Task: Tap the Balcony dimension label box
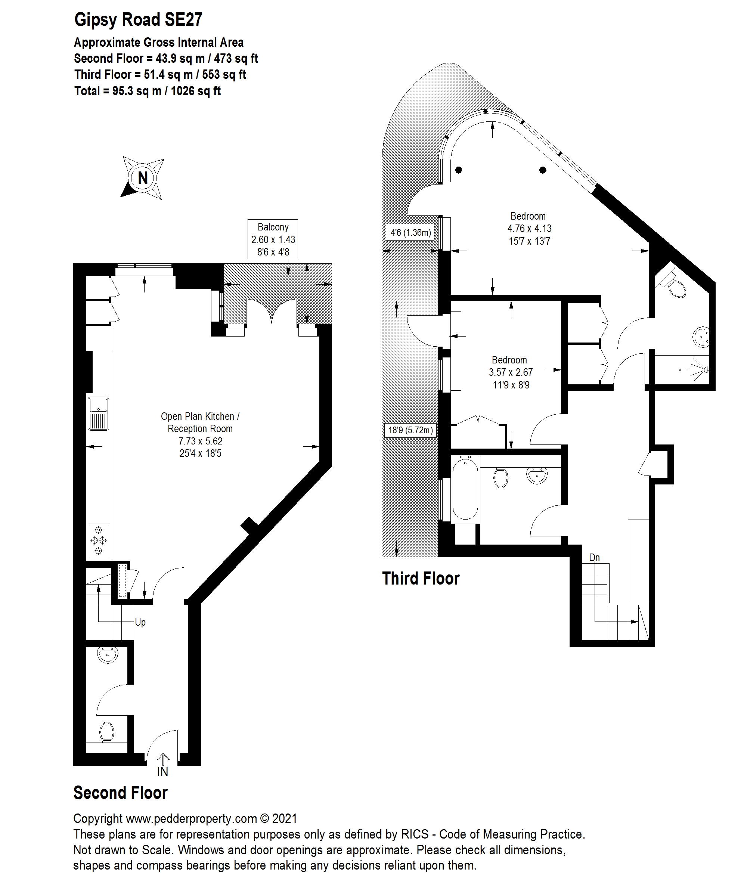(x=273, y=239)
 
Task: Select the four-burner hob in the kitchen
(x=98, y=540)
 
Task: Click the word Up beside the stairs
(x=140, y=622)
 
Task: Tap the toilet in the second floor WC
(x=107, y=732)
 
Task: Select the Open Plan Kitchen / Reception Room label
(x=200, y=422)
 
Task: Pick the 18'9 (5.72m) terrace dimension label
(x=410, y=430)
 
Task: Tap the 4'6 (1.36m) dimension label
(x=410, y=232)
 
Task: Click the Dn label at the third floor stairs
(x=594, y=558)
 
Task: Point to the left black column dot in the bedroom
(x=459, y=170)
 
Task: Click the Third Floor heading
(x=421, y=579)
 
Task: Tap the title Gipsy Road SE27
(x=138, y=19)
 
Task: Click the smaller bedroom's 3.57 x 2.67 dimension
(x=511, y=372)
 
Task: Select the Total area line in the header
(x=148, y=91)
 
